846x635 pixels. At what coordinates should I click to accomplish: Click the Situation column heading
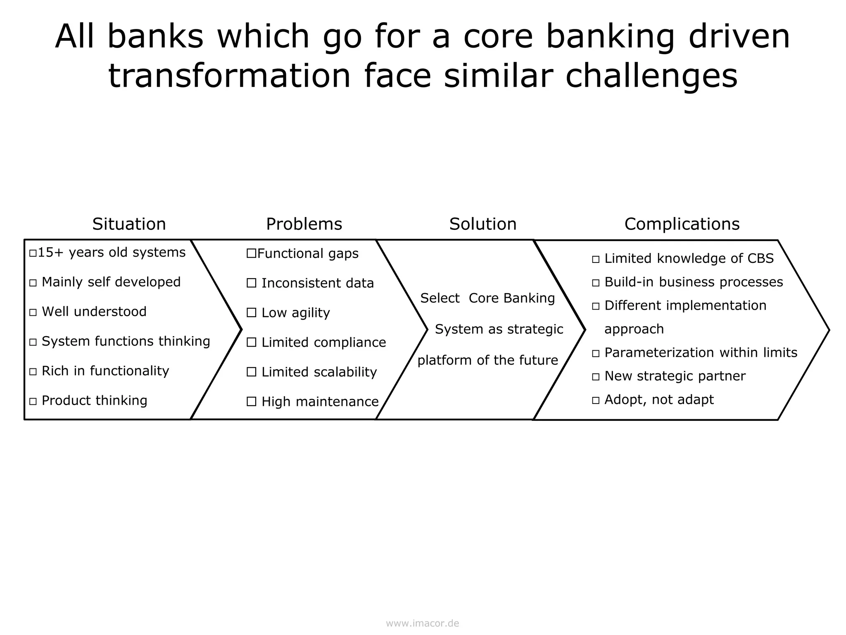(x=129, y=224)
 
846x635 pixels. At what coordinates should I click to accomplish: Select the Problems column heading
(x=304, y=224)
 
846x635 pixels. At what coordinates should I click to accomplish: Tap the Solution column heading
(x=483, y=224)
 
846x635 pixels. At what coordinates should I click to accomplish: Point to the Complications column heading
(x=682, y=224)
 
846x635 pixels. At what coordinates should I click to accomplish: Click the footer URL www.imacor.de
(x=422, y=623)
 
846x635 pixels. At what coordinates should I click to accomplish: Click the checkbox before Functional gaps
(x=251, y=253)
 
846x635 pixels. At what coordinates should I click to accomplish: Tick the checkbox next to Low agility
(x=251, y=313)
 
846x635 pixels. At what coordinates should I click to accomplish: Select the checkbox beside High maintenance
(x=251, y=401)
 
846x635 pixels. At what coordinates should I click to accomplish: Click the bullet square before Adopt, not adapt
(x=595, y=400)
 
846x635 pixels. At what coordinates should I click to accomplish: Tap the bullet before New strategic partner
(x=595, y=377)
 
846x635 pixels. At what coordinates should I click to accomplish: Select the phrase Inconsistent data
(x=317, y=283)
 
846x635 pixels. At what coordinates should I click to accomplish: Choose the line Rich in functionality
(x=105, y=371)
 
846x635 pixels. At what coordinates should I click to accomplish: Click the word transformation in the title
(x=229, y=76)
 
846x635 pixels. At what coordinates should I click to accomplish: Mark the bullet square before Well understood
(x=33, y=313)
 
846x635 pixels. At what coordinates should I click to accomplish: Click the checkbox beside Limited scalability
(x=251, y=372)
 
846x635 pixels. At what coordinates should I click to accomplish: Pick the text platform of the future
(x=487, y=360)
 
